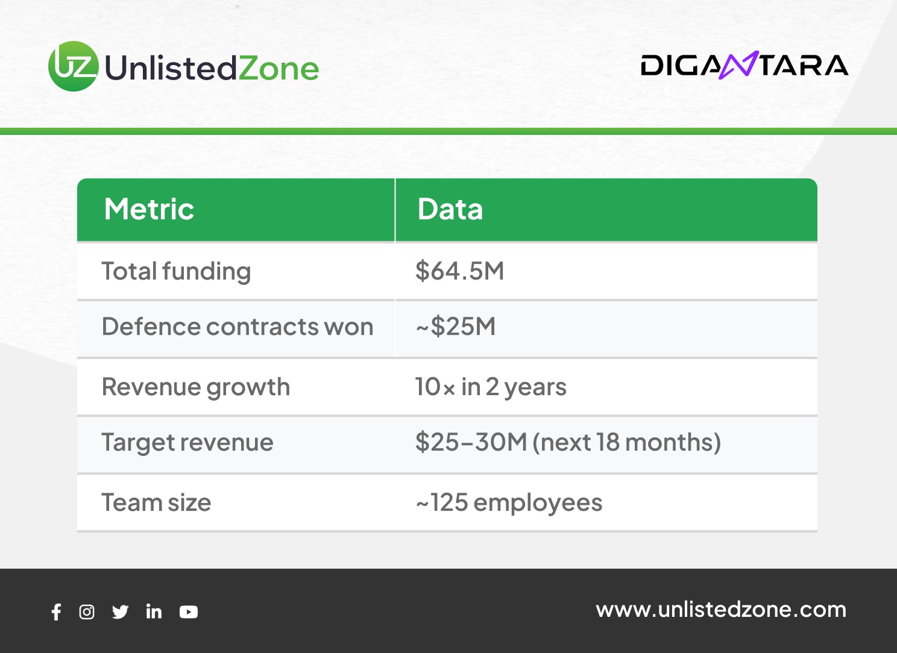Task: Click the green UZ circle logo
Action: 74,66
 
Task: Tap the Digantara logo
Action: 744,65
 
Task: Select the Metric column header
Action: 149,209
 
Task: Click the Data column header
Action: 450,209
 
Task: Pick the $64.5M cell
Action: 460,271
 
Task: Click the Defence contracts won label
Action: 238,326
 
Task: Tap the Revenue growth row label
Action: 196,388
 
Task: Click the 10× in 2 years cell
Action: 491,387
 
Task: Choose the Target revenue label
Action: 187,443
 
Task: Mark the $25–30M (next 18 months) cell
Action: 568,443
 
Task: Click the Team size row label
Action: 156,502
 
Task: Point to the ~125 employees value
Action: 509,503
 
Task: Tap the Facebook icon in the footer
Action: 57,612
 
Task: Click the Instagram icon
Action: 87,612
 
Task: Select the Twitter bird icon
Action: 120,612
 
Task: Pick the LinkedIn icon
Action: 154,611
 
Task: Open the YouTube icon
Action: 189,612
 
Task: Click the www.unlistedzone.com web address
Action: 721,610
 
